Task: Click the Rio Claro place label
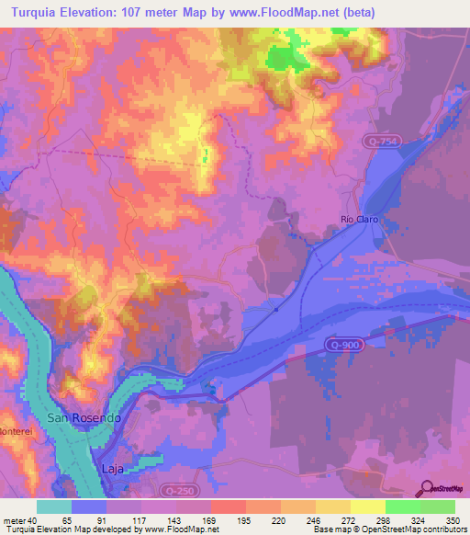point(359,220)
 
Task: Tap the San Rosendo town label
point(84,418)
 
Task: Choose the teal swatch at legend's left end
point(54,507)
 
